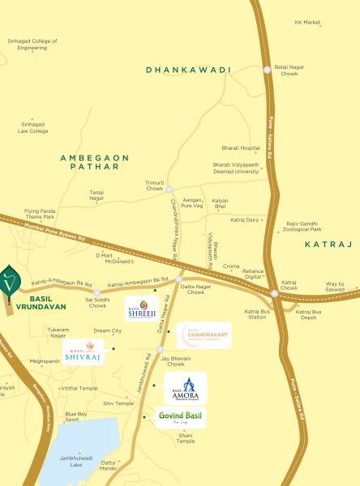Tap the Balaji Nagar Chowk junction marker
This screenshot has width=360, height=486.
pyautogui.click(x=268, y=70)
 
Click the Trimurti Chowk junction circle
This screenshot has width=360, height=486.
pyautogui.click(x=169, y=190)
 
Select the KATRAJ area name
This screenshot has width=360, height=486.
pyautogui.click(x=328, y=243)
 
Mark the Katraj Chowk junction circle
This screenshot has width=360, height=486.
pyautogui.click(x=275, y=293)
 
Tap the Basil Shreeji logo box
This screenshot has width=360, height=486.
pyautogui.click(x=141, y=307)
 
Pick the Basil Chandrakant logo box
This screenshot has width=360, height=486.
pyautogui.click(x=204, y=335)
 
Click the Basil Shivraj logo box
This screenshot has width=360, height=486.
pyautogui.click(x=86, y=352)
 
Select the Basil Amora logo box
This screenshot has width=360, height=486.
pyautogui.click(x=185, y=389)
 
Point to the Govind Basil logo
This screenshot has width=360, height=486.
pyautogui.click(x=181, y=418)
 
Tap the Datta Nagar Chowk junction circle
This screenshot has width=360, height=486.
pyautogui.click(x=179, y=279)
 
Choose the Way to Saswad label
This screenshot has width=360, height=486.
pyautogui.click(x=335, y=287)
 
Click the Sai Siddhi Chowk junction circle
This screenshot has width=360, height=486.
pyautogui.click(x=97, y=293)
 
